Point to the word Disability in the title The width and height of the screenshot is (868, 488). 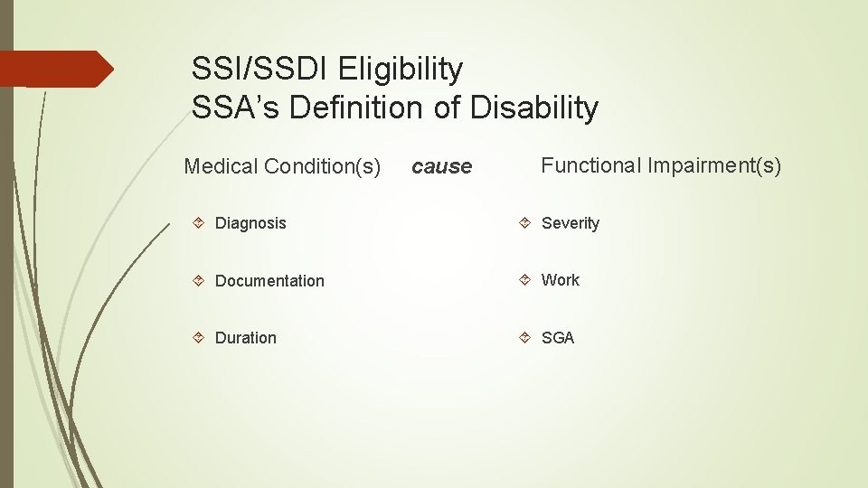[x=533, y=108]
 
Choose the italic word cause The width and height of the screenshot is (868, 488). [x=441, y=166]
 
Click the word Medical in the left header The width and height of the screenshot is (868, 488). [x=221, y=166]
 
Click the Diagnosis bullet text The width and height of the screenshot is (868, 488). [x=250, y=223]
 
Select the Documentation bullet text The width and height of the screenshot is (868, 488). [x=269, y=281]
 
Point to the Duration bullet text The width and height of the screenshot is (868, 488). [x=246, y=338]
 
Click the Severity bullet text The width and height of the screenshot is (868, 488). [x=571, y=223]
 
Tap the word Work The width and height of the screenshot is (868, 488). [x=561, y=280]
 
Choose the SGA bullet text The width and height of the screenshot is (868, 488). [x=558, y=338]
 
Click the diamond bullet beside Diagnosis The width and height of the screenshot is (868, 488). [x=200, y=223]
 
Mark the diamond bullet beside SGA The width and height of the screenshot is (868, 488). [x=526, y=338]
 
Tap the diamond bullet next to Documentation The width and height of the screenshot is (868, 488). [x=200, y=281]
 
